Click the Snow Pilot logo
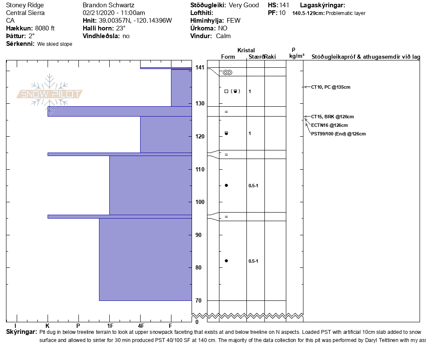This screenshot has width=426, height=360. [50, 94]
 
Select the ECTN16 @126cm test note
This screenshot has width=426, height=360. [329, 125]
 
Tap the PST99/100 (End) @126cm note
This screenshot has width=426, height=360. [338, 134]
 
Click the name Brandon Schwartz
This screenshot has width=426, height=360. [109, 5]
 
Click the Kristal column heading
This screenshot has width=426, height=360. [246, 50]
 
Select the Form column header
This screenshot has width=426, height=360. [228, 57]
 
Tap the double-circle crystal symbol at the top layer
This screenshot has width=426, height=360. [228, 72]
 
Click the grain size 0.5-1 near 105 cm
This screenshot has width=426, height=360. [253, 186]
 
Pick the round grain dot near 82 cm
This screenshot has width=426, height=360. [226, 261]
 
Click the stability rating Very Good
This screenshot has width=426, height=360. [244, 5]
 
